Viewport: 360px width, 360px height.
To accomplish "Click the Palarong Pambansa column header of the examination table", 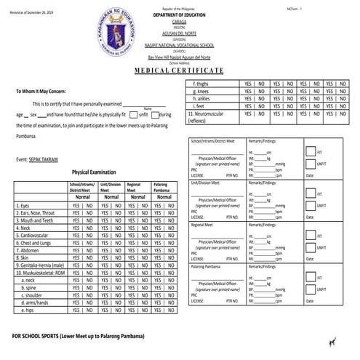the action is point(162,188).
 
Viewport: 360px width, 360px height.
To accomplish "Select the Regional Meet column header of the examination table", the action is point(135,188).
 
